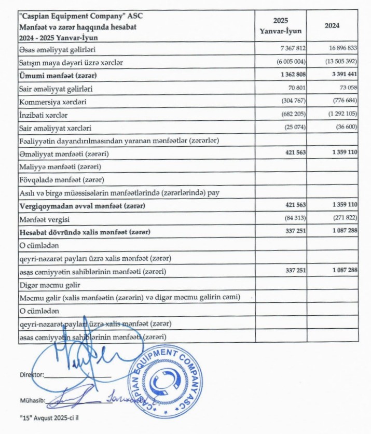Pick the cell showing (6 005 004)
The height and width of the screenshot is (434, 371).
click(285, 62)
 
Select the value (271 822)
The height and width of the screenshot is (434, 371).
click(341, 218)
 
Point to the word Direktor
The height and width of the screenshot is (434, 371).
click(31, 374)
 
